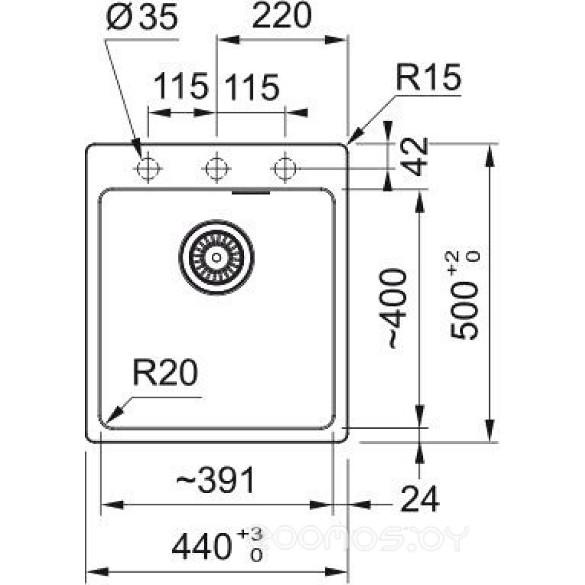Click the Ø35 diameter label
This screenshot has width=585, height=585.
coord(143,19)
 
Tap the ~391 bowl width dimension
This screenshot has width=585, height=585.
coord(216,481)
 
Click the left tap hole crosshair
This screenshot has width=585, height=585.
coord(147,168)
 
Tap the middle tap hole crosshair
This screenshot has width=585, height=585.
coord(216,168)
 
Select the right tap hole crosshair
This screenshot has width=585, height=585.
coord(285,168)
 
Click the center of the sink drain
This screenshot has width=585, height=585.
coord(216,256)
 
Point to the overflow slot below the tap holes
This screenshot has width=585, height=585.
coord(250,191)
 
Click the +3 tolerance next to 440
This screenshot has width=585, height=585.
coord(256,534)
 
